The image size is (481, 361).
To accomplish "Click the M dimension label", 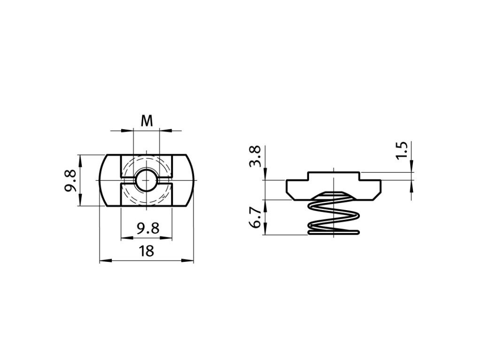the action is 147,121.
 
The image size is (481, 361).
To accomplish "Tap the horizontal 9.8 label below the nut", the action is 147,229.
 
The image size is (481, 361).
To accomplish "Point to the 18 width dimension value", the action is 147,251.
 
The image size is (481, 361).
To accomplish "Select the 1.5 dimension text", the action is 401,150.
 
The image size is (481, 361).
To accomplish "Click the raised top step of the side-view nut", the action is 334,175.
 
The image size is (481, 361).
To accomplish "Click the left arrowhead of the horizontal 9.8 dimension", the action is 124,237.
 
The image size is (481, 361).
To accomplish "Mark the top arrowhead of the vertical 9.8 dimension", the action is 81,159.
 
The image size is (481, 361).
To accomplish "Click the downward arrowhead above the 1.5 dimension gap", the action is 412,169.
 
